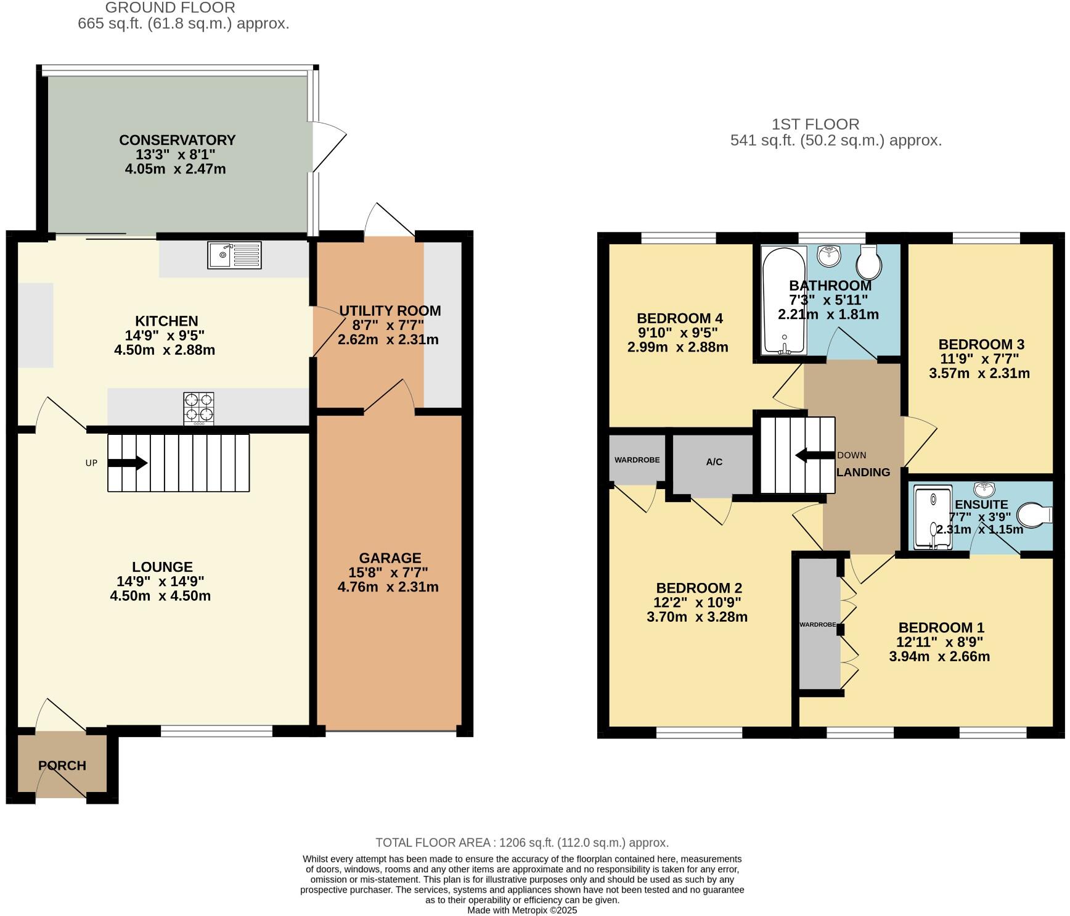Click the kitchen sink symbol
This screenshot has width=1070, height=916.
pyautogui.click(x=234, y=255)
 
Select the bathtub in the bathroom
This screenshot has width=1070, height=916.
pyautogui.click(x=783, y=301)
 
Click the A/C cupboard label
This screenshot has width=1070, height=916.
pyautogui.click(x=714, y=462)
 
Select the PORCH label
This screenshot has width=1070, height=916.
pyautogui.click(x=62, y=765)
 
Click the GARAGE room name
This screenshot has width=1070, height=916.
pyautogui.click(x=390, y=558)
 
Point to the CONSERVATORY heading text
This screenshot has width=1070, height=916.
pyautogui.click(x=178, y=140)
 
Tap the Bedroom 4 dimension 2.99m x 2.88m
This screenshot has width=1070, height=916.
pyautogui.click(x=677, y=347)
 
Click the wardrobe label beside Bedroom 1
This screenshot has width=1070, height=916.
pyautogui.click(x=817, y=625)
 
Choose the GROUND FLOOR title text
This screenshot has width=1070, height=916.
pyautogui.click(x=170, y=8)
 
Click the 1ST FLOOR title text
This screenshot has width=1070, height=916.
pyautogui.click(x=815, y=124)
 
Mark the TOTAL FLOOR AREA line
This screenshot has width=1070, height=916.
pyautogui.click(x=522, y=843)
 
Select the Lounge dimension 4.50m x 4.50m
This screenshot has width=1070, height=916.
pyautogui.click(x=160, y=596)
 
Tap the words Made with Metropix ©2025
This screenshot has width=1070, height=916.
pyautogui.click(x=522, y=910)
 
